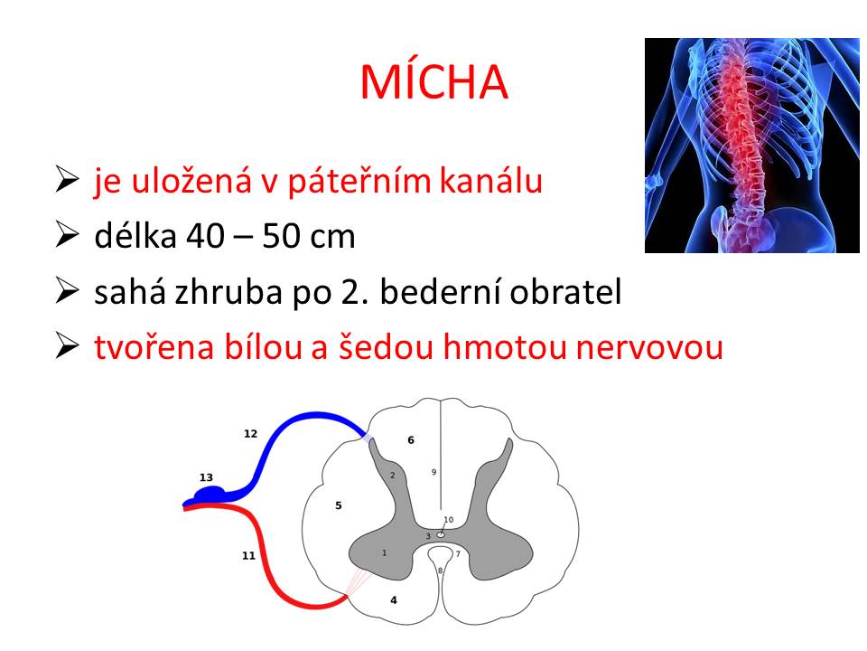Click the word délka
tap(135, 235)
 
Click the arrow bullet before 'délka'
tap(67, 235)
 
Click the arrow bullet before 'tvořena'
tap(67, 346)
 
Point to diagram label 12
tap(250, 433)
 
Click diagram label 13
tap(206, 477)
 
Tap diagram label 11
tap(249, 555)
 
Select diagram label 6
tap(411, 440)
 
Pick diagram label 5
tap(339, 505)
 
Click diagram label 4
tap(394, 600)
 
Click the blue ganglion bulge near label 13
tap(210, 493)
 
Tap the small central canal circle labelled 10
tap(441, 534)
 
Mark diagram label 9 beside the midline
tap(434, 472)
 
